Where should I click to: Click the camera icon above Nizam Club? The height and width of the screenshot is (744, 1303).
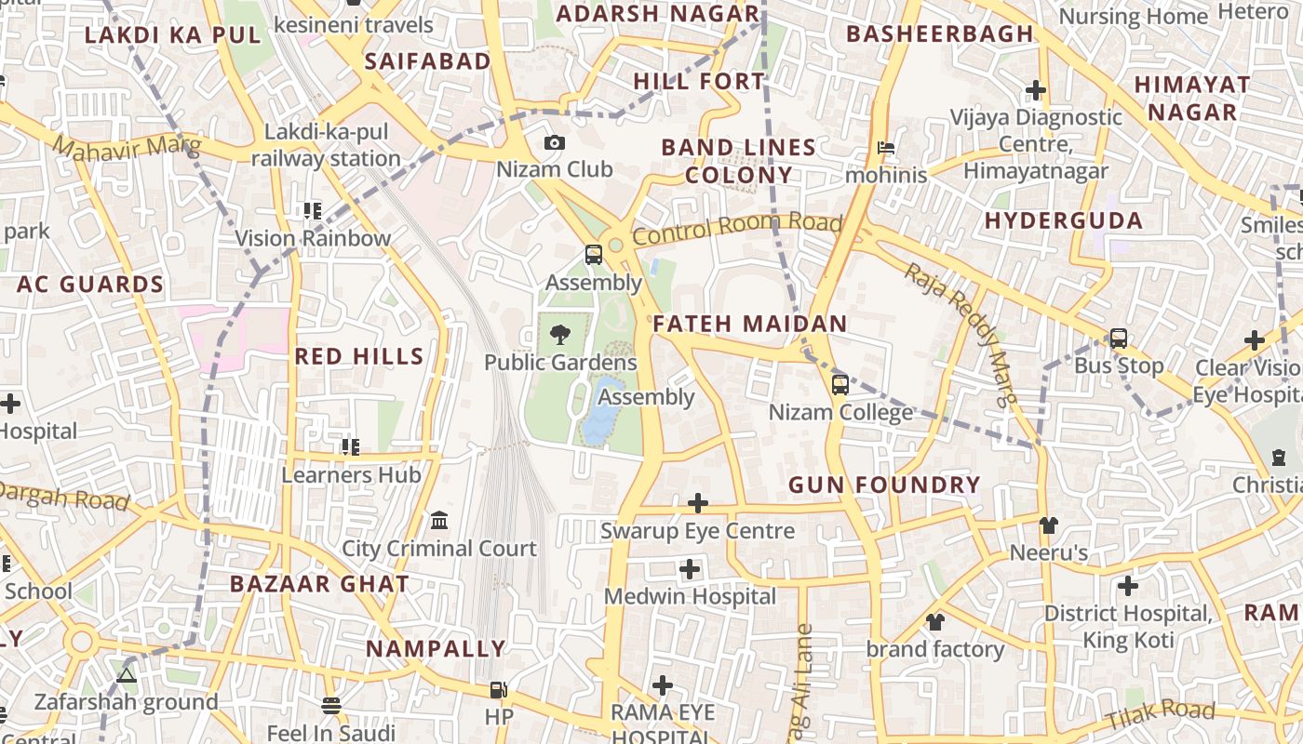click(554, 142)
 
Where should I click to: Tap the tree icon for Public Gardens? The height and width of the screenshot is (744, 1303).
click(560, 334)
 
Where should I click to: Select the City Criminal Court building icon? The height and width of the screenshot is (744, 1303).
click(439, 520)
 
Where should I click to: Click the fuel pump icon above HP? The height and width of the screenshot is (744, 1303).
click(499, 689)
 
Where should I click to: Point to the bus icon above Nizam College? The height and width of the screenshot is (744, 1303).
click(840, 384)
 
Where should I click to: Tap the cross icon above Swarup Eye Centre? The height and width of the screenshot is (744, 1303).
click(697, 503)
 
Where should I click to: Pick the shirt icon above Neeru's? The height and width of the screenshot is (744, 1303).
click(1049, 525)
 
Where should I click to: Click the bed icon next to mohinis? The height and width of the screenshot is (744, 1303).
click(886, 148)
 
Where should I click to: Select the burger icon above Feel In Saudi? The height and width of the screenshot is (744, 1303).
click(331, 705)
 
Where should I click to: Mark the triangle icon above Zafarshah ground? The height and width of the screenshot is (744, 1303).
click(127, 674)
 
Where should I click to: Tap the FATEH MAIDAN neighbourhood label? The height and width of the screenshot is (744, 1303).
click(750, 324)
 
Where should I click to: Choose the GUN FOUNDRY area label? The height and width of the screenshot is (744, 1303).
click(884, 485)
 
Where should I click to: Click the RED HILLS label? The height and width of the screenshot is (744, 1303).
click(359, 356)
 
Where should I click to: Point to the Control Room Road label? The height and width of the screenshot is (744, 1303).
click(737, 228)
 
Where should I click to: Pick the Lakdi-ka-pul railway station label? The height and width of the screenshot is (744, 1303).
click(326, 145)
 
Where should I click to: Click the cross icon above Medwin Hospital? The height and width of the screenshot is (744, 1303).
click(690, 568)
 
